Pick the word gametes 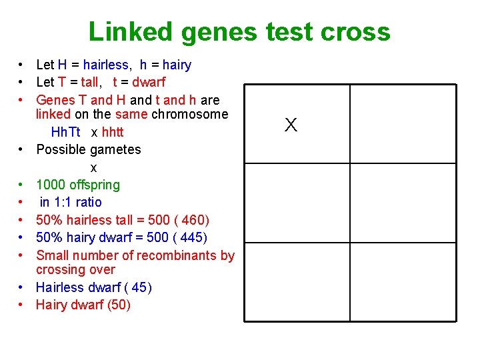(117, 149)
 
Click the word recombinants (179, 255)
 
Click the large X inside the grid (291, 125)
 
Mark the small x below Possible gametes (93, 167)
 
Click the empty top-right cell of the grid (403, 123)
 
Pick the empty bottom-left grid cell (297, 282)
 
